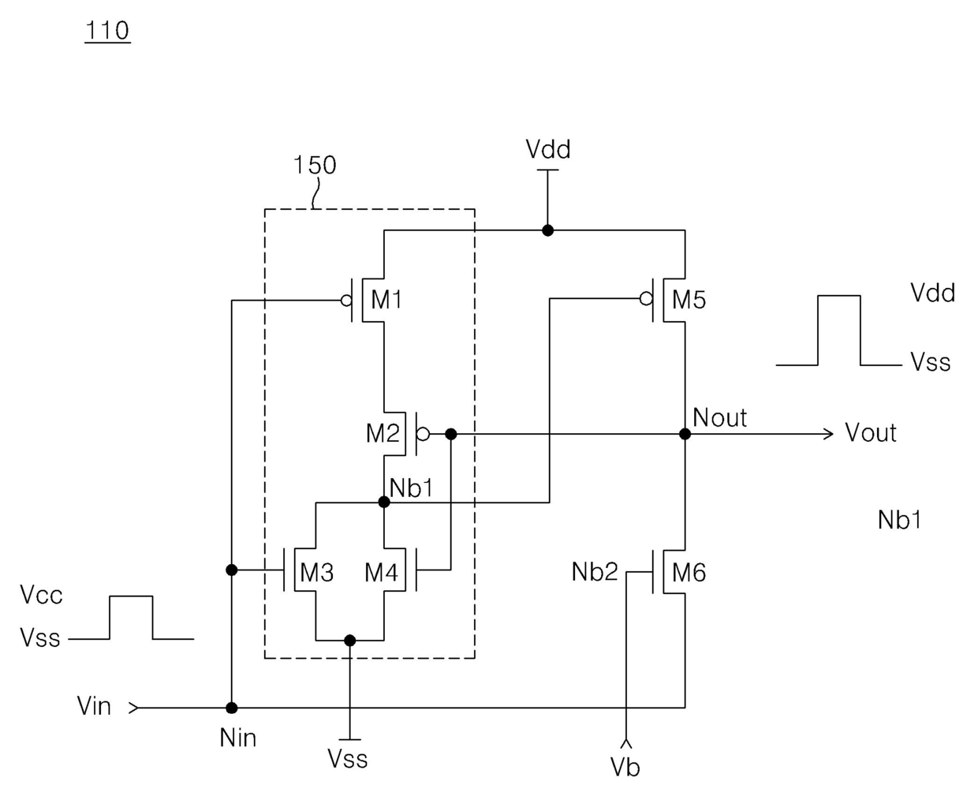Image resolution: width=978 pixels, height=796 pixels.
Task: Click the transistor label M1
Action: coord(386,300)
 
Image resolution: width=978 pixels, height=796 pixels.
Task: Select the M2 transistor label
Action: coord(383,432)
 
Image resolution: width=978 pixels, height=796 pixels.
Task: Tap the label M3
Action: coord(316,572)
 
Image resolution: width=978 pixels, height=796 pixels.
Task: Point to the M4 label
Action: coord(381,572)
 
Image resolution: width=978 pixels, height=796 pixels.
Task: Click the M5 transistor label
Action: coord(689,300)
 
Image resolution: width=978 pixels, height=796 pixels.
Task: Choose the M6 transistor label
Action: coord(689,572)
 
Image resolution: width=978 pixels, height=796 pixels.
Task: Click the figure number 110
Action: coord(107,30)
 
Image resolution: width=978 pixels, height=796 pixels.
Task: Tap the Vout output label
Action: coord(871,432)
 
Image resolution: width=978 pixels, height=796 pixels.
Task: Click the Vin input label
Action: coord(94,705)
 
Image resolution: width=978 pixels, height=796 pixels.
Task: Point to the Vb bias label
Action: coord(625,767)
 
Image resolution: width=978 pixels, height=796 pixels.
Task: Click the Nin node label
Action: coord(238,738)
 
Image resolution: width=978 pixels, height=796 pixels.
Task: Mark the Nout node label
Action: coord(719,417)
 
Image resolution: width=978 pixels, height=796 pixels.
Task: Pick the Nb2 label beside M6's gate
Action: coord(595,572)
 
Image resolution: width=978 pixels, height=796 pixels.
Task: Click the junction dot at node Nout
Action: coord(685,434)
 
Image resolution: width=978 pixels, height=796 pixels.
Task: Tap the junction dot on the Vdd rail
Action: coord(547,230)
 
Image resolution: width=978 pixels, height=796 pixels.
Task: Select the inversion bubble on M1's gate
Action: coord(347,301)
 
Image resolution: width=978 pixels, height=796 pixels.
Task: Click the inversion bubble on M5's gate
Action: coord(646,299)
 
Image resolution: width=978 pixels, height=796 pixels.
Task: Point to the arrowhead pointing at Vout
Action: coord(828,434)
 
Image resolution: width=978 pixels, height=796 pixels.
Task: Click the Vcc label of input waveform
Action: coord(41,595)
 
